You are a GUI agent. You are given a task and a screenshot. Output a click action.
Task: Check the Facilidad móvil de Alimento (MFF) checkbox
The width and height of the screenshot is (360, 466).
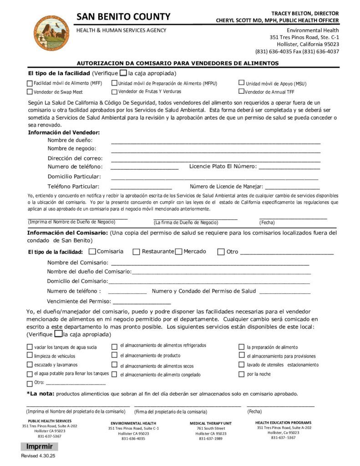click(30, 84)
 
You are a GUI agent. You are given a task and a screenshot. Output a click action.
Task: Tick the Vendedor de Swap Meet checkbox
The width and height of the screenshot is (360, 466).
click(30, 92)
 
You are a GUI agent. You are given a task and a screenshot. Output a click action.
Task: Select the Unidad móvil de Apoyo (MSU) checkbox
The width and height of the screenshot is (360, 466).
click(242, 83)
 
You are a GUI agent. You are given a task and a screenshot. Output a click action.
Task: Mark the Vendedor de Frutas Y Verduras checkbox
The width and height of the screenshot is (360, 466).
click(114, 91)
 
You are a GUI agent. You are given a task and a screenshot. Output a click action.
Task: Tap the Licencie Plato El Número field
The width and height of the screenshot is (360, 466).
click(289, 167)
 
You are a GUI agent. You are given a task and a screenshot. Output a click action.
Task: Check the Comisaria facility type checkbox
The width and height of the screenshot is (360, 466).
click(92, 252)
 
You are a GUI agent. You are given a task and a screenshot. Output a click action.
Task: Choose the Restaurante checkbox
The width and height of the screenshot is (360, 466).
click(136, 252)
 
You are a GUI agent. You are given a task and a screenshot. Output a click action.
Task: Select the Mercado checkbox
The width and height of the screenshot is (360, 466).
click(178, 252)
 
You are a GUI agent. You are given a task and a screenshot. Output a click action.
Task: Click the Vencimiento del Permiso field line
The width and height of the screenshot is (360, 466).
click(142, 302)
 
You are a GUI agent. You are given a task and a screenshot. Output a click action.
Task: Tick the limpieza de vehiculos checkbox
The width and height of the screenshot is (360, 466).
click(30, 356)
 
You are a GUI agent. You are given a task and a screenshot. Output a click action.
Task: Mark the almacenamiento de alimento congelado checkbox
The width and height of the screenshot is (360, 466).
click(115, 375)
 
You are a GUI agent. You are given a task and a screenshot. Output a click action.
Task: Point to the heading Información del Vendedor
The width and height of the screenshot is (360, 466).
click(64, 132)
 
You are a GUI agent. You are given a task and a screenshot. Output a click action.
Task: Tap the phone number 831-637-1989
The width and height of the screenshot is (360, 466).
click(210, 439)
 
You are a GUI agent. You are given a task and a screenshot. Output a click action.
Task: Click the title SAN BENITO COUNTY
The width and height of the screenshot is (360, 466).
click(123, 17)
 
